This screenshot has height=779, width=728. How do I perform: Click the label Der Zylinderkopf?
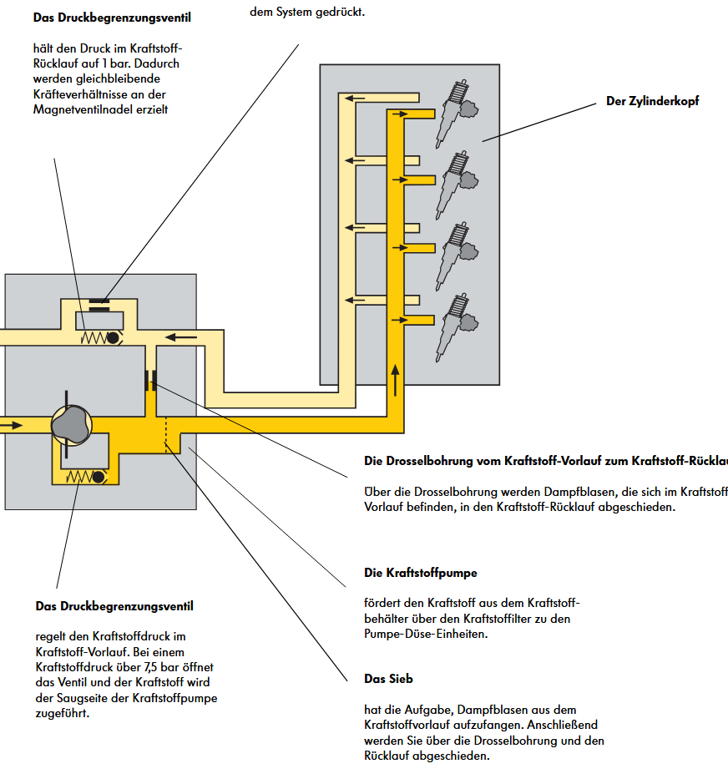[x=652, y=101]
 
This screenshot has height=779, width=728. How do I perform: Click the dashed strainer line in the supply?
[x=166, y=433]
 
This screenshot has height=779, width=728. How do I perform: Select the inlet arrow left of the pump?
[x=12, y=425]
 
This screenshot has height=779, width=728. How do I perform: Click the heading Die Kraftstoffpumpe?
[x=421, y=573]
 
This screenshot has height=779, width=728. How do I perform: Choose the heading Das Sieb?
[x=388, y=678]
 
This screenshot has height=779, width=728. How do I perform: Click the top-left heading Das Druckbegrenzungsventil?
[x=111, y=18]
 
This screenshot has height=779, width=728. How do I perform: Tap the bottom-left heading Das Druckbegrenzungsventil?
[x=114, y=606]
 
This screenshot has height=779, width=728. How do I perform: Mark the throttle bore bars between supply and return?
[x=150, y=380]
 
